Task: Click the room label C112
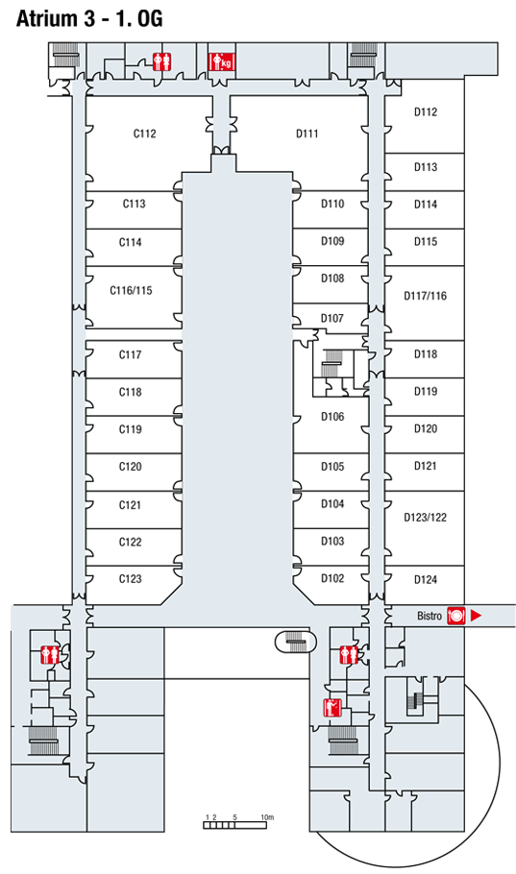tap(144, 134)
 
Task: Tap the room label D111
tap(307, 134)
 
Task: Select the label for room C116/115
tap(131, 290)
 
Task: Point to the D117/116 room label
tap(425, 296)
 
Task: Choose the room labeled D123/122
tap(425, 518)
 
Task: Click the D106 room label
tap(332, 417)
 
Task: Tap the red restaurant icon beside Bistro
tap(455, 616)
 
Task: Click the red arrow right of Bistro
tap(476, 616)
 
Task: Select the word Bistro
tap(430, 616)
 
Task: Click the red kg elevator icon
tap(222, 61)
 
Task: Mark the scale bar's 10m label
tap(267, 817)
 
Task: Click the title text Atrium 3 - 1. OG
tap(89, 19)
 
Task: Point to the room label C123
tap(130, 579)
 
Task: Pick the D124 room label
tap(425, 580)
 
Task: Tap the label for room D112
tap(425, 112)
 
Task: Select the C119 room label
tap(130, 429)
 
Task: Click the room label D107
tap(332, 318)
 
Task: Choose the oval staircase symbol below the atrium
tap(295, 642)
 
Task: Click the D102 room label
tap(332, 578)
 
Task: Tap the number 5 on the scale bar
tap(234, 817)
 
